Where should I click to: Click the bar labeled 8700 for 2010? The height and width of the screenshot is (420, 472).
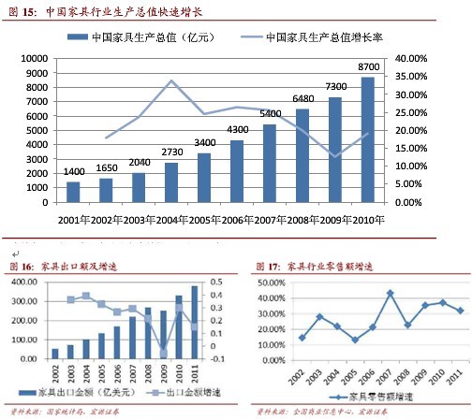(x=368, y=140)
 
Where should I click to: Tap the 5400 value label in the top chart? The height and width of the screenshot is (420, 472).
(x=269, y=114)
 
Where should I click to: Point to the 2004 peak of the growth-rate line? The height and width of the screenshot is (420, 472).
(x=171, y=81)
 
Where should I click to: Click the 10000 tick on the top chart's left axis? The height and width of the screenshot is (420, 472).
(x=35, y=58)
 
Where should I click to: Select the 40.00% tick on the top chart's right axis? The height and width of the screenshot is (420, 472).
(x=410, y=58)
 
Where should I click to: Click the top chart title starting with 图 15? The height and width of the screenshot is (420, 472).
(x=103, y=11)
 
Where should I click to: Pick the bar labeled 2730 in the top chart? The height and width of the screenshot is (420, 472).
(x=170, y=182)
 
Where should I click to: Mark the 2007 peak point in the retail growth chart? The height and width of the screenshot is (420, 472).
(x=389, y=294)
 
